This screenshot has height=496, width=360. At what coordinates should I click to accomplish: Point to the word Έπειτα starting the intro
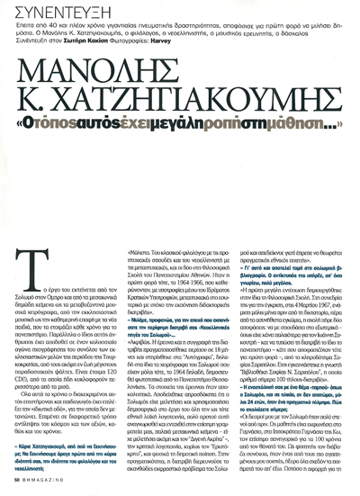coord(26,30)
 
